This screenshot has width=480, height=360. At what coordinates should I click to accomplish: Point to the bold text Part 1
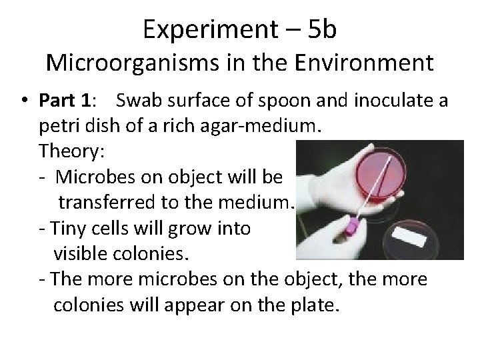(x=66, y=102)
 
